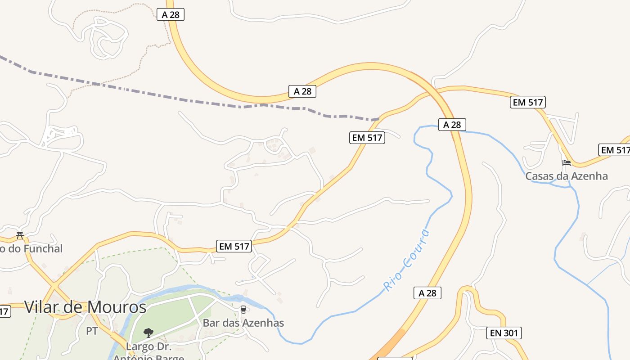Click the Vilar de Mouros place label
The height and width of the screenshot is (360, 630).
pyautogui.click(x=85, y=307)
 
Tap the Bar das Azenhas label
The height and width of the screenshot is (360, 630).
pyautogui.click(x=243, y=323)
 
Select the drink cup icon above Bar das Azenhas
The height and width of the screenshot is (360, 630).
pyautogui.click(x=243, y=310)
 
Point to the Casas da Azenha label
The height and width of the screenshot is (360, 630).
pyautogui.click(x=567, y=176)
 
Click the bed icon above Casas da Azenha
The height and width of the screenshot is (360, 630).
pyautogui.click(x=566, y=162)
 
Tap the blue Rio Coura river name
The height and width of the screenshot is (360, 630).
pyautogui.click(x=406, y=261)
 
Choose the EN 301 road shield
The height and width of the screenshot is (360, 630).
pyautogui.click(x=504, y=333)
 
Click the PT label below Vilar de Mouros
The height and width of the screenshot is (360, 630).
pyautogui.click(x=92, y=331)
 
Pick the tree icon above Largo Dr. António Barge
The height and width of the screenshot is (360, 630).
pyautogui.click(x=148, y=333)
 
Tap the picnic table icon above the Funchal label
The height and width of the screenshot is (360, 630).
pyautogui.click(x=19, y=235)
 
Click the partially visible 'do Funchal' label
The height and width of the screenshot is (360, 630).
pyautogui.click(x=31, y=248)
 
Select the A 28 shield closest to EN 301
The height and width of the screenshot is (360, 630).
pyautogui.click(x=427, y=293)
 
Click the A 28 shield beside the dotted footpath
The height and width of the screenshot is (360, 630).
pyautogui.click(x=171, y=14)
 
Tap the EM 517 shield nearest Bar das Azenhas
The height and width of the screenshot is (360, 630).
pyautogui.click(x=234, y=246)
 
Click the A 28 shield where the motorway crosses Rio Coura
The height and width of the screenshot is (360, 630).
pyautogui.click(x=452, y=125)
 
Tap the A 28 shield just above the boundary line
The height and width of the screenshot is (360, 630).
pyautogui.click(x=302, y=91)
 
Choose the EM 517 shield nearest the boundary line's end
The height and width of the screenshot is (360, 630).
pyautogui.click(x=367, y=138)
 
